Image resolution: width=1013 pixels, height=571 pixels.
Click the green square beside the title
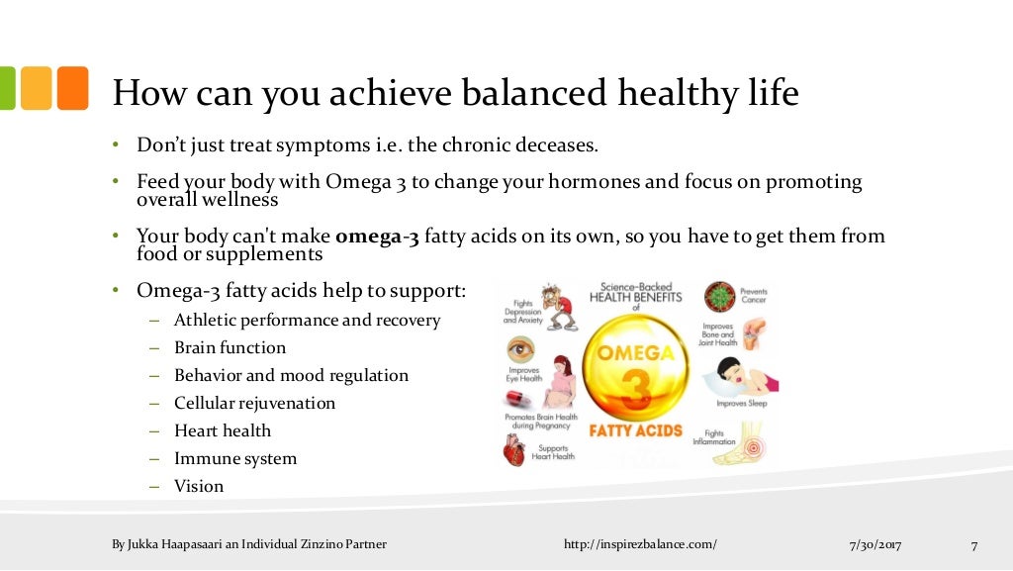[x=7, y=88]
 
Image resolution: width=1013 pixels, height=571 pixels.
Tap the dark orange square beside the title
[x=72, y=88]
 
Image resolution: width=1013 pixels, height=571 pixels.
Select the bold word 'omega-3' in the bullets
[x=378, y=237]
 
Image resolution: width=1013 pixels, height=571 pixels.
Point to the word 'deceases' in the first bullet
[x=559, y=145]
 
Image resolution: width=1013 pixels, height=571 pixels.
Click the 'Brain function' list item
[x=230, y=347]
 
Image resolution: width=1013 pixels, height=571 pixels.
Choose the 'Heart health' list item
[x=222, y=430]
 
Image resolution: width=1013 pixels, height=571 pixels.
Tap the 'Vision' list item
[x=199, y=486]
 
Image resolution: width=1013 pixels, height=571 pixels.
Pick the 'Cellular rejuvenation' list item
[x=254, y=403]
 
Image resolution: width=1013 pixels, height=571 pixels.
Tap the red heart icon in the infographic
[x=515, y=450]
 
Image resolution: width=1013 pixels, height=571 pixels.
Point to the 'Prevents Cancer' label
[x=754, y=295]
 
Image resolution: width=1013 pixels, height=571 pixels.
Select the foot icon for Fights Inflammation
[x=741, y=444]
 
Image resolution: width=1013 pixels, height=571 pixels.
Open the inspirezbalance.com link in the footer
[x=639, y=544]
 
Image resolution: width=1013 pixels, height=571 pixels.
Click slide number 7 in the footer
[x=973, y=544]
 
